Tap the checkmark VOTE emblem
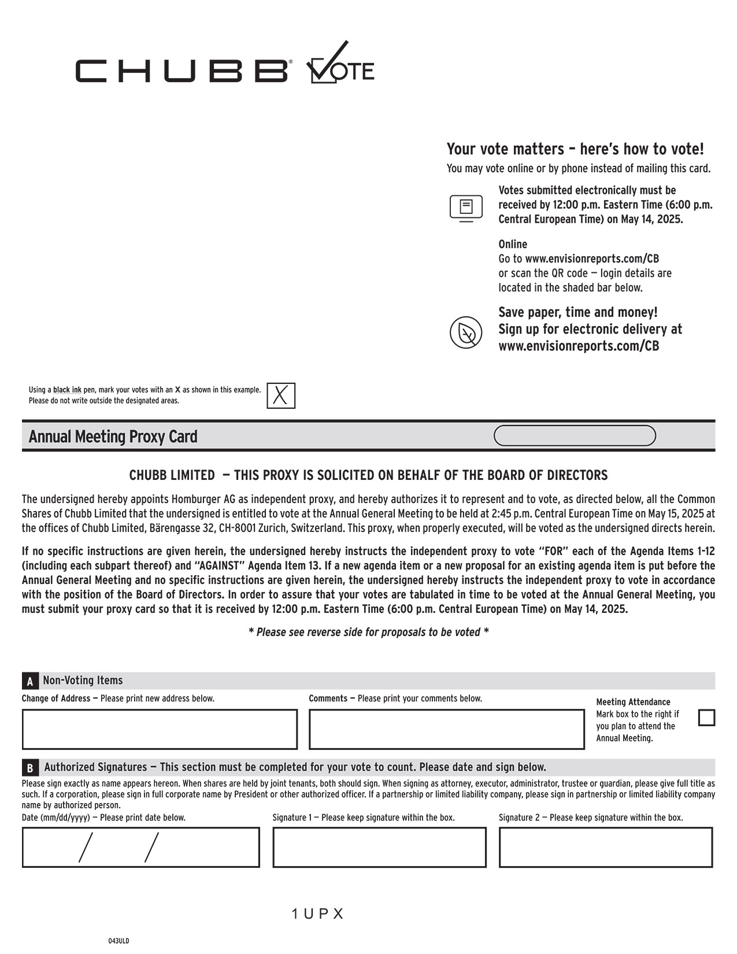tap(340, 65)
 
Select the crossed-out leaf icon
tap(466, 332)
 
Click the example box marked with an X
tap(281, 396)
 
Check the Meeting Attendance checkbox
tap(706, 718)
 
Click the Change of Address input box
tap(160, 729)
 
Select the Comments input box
tap(446, 729)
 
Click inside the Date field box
tap(140, 847)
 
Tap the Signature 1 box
tap(379, 847)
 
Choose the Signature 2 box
tap(606, 847)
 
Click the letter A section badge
tap(30, 681)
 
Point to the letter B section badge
tap(30, 768)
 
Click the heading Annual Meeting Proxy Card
tap(113, 437)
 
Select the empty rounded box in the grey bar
tap(575, 436)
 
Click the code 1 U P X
tap(318, 914)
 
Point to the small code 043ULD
tap(119, 941)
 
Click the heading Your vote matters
tap(575, 149)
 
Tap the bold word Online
tap(513, 244)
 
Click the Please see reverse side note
tap(368, 632)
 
